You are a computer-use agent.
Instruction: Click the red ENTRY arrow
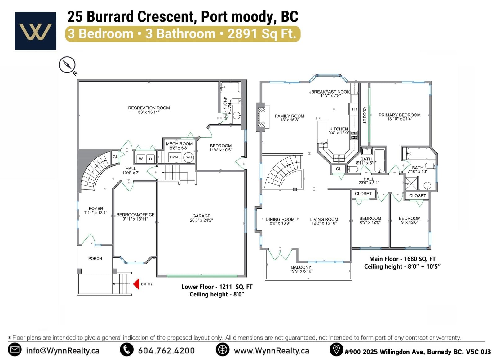pos(136,284)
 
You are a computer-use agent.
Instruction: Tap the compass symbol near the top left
pos(67,65)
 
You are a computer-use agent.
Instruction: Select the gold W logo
pos(35,31)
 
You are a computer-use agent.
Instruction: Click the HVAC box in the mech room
pos(175,157)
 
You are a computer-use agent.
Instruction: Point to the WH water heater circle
pos(189,157)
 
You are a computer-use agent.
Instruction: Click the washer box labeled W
pos(141,159)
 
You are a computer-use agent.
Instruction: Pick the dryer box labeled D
pos(150,159)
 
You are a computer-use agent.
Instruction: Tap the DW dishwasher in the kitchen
pos(324,143)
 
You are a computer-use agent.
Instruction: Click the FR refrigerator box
pos(354,109)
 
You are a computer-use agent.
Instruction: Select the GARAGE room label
pos(201,216)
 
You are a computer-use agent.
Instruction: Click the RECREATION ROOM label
pos(149,108)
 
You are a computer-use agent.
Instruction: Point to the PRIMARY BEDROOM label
pos(400,115)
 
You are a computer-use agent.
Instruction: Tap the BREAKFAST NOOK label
pos(330,92)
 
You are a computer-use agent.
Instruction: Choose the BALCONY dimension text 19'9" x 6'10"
pos(301,271)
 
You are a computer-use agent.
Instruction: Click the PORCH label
pos(95,258)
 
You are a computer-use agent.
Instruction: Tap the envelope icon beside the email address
pos(15,350)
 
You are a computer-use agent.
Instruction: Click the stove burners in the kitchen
pos(354,135)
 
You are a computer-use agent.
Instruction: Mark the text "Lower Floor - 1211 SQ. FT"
pos(217,287)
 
